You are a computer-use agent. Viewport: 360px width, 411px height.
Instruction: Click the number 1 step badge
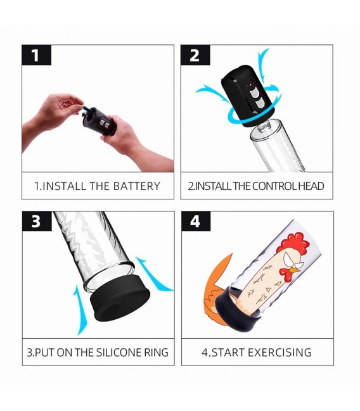(x=36, y=55)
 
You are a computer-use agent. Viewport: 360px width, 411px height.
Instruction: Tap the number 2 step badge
(x=195, y=55)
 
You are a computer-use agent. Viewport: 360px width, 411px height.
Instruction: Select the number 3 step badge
(x=37, y=221)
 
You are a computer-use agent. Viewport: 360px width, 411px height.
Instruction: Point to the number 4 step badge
(x=196, y=221)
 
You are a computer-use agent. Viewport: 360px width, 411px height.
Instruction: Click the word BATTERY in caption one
(x=136, y=186)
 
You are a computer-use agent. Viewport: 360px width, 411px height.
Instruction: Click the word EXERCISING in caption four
(x=280, y=352)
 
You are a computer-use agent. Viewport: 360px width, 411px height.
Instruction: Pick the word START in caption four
(x=229, y=352)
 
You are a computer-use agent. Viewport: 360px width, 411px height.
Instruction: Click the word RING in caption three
(x=156, y=352)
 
